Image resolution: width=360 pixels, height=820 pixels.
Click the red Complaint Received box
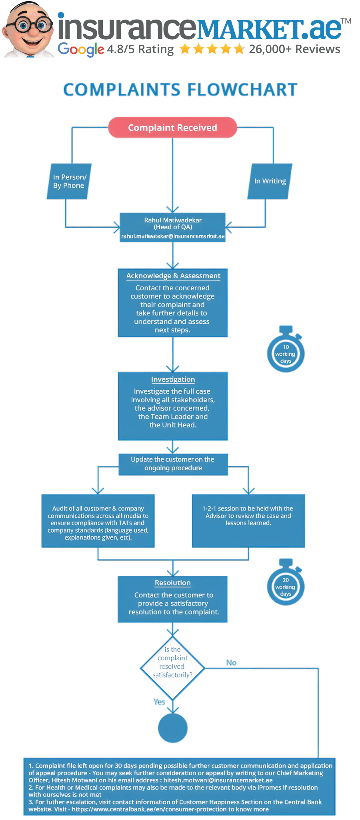[172, 128]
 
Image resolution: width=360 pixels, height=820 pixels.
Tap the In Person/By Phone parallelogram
[69, 181]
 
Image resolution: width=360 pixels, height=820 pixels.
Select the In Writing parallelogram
[270, 181]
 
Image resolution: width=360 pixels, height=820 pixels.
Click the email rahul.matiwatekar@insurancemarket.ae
[173, 237]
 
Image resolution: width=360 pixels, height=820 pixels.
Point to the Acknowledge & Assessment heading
[173, 276]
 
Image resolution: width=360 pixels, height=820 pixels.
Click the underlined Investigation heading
[173, 379]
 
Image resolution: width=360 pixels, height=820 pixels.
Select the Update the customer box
[173, 464]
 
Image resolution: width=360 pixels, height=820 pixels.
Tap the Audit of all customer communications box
[98, 521]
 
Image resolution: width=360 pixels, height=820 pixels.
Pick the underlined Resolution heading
[173, 583]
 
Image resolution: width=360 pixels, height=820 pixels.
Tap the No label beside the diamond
[231, 663]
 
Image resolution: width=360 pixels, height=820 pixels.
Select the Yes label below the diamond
[159, 702]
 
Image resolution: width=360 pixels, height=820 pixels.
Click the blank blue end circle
[173, 728]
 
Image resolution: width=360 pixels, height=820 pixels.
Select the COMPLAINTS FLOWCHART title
[180, 90]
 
